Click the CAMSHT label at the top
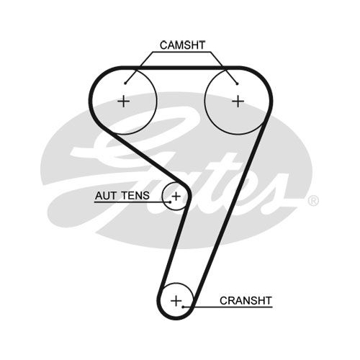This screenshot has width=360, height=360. coord(182,45)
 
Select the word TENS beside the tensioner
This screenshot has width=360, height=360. coord(135,196)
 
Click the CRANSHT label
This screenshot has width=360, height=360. coord(246,300)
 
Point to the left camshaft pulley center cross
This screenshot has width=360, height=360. coord(124,101)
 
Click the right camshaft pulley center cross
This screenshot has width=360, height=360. coord(238,101)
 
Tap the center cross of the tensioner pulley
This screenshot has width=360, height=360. coord(176,197)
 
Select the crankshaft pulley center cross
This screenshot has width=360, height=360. coord(176,301)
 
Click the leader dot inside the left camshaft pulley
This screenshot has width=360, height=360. coord(125,84)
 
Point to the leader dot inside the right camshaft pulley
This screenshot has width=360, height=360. coord(237,84)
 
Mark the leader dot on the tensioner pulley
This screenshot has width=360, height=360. coord(170,202)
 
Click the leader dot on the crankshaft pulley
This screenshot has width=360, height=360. coord(183,307)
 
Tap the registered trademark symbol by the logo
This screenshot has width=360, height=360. coord(313,201)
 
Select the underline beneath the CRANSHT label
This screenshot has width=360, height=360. coord(228,307)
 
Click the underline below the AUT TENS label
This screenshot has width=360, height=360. coord(132,202)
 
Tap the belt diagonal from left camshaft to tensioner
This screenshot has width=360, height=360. coord(146,157)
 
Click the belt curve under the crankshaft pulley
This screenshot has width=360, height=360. coord(176,318)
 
